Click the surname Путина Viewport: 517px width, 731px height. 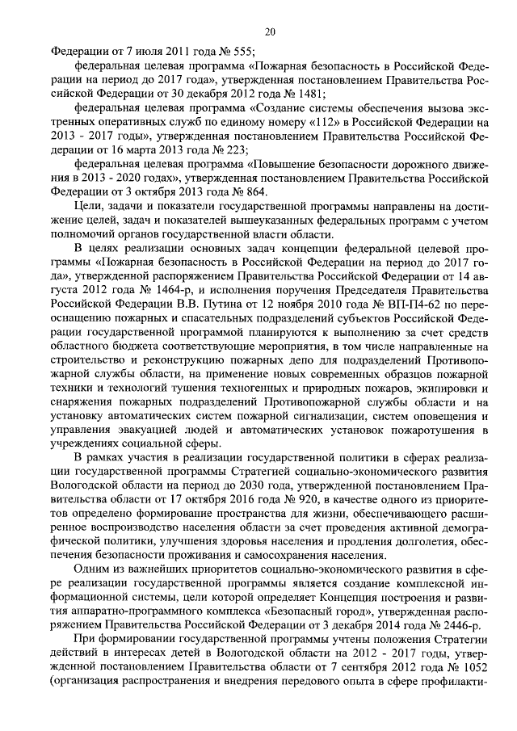point(201,306)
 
